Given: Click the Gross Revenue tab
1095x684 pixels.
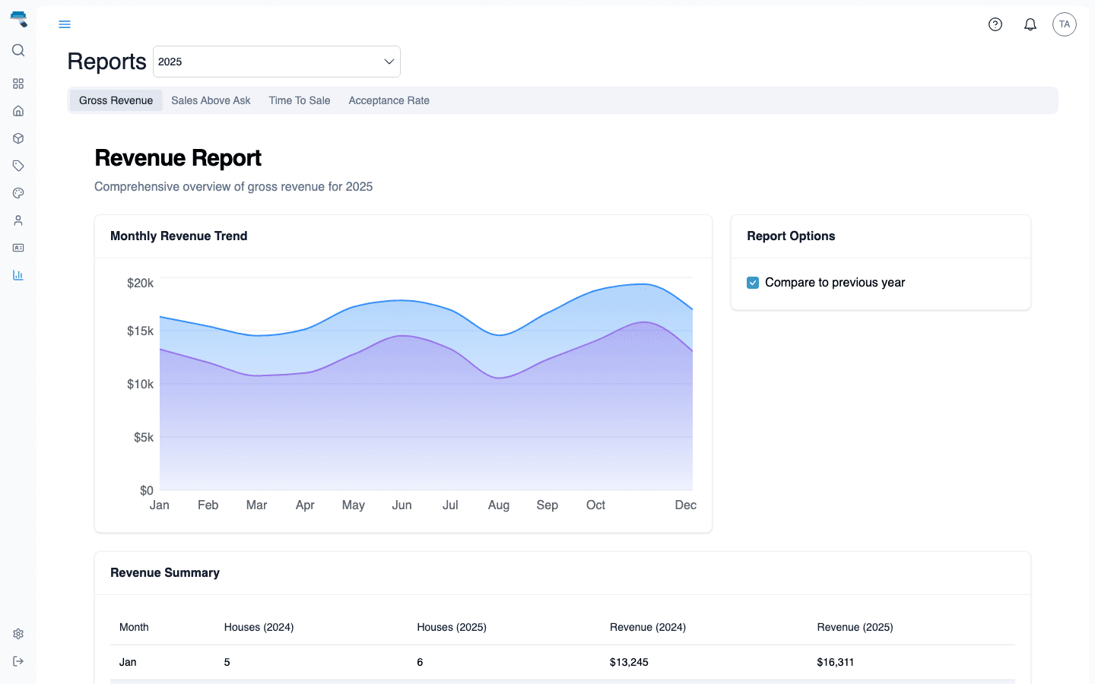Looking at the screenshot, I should [x=116, y=100].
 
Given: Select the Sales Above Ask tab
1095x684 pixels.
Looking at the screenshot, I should [x=211, y=100].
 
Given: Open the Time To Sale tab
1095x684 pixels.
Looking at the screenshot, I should [x=299, y=100].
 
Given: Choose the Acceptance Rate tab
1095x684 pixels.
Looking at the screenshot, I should [x=389, y=100].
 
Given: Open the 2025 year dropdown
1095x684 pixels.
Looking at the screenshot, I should [x=277, y=62].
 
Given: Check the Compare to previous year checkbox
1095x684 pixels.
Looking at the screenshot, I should [x=753, y=283].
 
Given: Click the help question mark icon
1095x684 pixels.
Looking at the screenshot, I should [x=995, y=24].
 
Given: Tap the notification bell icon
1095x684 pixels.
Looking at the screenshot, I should [x=1030, y=24].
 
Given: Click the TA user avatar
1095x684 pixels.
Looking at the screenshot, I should [x=1065, y=24].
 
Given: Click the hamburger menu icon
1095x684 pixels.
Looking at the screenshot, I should [x=65, y=24].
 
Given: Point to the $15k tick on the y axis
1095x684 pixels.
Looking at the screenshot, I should [x=140, y=331].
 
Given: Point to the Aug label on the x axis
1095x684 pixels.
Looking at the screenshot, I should [x=499, y=505].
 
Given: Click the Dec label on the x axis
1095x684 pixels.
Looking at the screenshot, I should [x=685, y=505].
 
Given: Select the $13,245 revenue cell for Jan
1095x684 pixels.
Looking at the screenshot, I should [x=629, y=662].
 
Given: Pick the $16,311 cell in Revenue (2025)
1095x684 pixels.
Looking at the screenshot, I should [x=835, y=662].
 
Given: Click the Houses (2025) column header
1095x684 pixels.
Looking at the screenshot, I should [x=452, y=627].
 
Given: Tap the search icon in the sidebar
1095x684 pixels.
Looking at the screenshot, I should [x=18, y=50].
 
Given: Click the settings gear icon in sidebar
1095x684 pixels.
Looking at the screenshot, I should [x=18, y=634].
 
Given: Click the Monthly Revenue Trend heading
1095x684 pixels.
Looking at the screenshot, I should [x=179, y=236].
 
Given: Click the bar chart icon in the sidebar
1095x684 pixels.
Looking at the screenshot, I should [x=18, y=275].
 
